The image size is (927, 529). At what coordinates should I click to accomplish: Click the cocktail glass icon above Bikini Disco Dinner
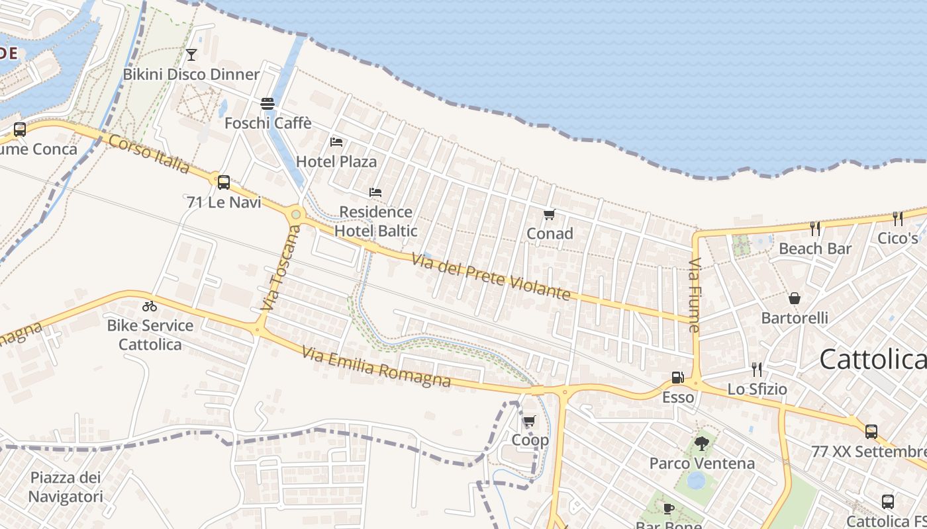(x=191, y=54)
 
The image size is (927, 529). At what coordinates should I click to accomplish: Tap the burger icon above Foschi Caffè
(x=268, y=104)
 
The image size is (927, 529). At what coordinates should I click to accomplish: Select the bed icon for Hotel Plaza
(x=336, y=142)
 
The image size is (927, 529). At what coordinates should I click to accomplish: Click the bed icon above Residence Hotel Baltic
(x=375, y=192)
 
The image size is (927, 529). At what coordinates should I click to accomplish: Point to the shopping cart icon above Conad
(x=549, y=214)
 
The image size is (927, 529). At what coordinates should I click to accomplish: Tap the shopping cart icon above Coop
(x=529, y=421)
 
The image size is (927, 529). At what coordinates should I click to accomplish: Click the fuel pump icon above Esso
(x=677, y=378)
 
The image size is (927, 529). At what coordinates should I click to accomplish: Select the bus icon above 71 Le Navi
(x=224, y=182)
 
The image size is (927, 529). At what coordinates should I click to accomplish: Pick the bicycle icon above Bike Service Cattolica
(x=150, y=306)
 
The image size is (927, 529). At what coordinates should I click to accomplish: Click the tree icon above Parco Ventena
(x=702, y=444)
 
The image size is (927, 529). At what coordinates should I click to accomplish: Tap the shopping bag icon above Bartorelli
(x=795, y=299)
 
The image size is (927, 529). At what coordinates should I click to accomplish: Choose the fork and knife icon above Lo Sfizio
(x=757, y=370)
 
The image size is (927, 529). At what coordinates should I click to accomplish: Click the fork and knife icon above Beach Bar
(x=815, y=229)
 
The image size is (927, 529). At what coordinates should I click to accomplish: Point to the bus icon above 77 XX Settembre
(x=871, y=432)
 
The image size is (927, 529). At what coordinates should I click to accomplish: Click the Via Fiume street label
(x=694, y=295)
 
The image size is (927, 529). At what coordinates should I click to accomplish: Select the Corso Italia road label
(x=149, y=153)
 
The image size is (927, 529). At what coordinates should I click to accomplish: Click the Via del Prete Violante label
(x=491, y=276)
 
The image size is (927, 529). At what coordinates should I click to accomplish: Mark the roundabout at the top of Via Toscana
(x=296, y=214)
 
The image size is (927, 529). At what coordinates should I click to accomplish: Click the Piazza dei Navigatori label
(x=66, y=487)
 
